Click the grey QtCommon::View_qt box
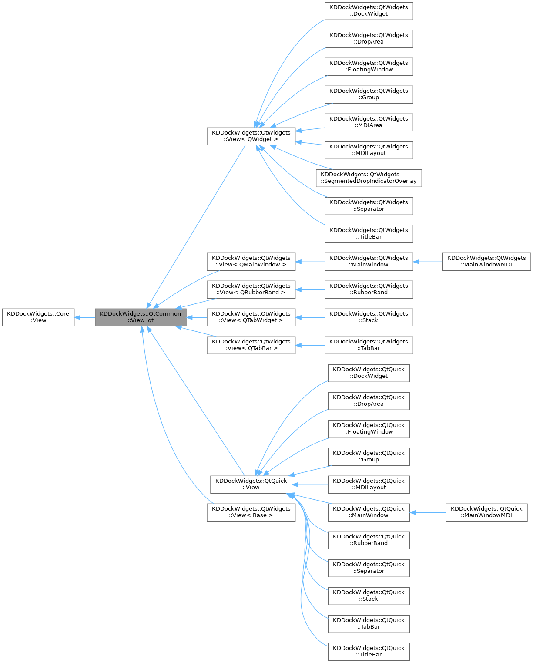(141, 317)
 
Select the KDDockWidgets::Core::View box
(38, 317)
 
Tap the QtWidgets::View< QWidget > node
(251, 136)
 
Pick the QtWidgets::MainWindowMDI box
(486, 261)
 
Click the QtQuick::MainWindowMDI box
(486, 512)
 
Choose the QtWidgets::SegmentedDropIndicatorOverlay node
(369, 178)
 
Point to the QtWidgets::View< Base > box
(251, 512)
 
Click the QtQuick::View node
(251, 484)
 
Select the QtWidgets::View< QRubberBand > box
(251, 289)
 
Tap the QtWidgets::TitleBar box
(369, 233)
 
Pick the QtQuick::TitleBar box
(369, 651)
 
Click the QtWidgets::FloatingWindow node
(369, 66)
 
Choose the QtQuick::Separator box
(369, 568)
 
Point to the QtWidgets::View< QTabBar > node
(251, 345)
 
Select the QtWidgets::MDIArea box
(369, 122)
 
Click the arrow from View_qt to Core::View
(85, 317)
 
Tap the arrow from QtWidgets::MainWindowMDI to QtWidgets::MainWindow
(428, 262)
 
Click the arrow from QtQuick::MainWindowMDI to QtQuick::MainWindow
(428, 512)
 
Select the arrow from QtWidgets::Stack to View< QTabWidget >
(310, 317)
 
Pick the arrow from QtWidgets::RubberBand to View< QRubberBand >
(310, 289)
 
